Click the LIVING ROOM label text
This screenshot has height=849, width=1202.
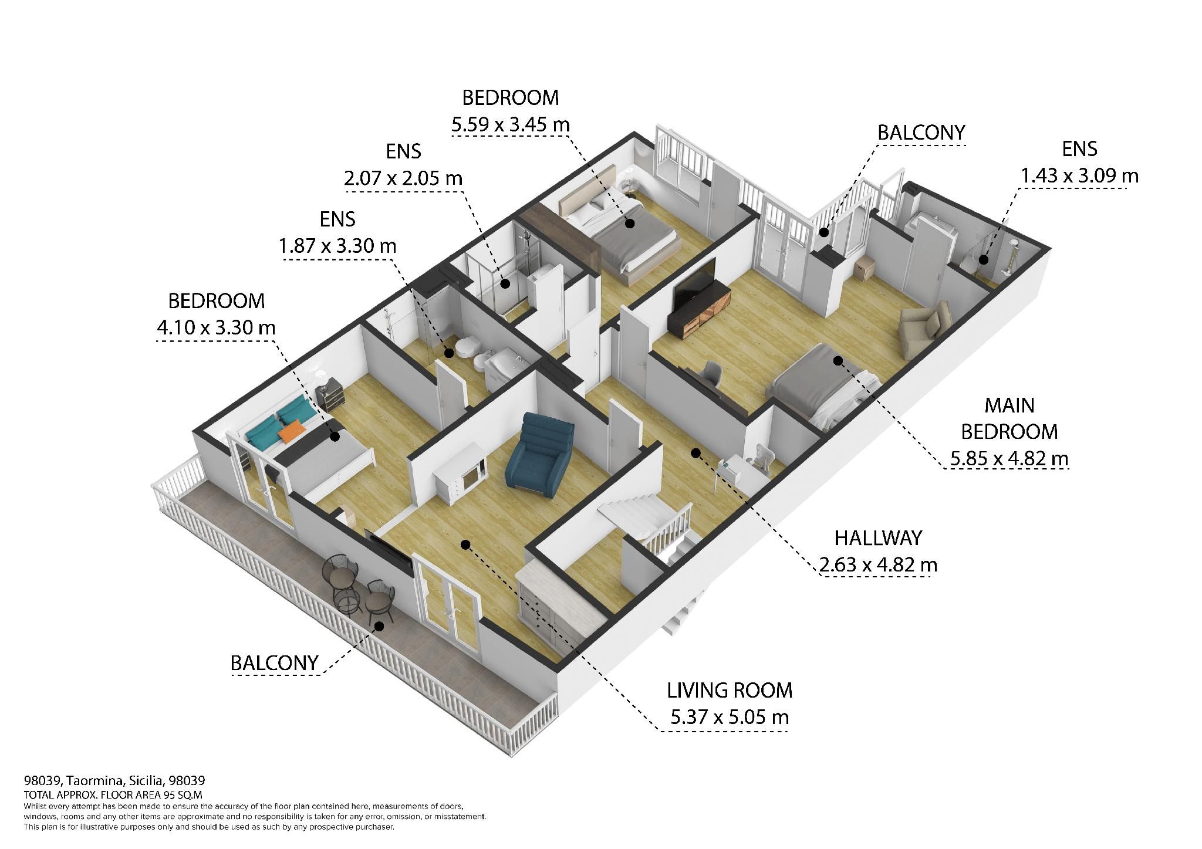[730, 691]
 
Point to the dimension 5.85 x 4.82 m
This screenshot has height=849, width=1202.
[1009, 458]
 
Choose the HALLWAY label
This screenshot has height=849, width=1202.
[878, 537]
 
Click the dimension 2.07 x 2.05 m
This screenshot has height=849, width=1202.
[403, 178]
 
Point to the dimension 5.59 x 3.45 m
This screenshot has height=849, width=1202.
[510, 125]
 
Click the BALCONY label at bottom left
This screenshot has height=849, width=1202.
[274, 663]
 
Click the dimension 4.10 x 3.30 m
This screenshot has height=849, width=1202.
[216, 327]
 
